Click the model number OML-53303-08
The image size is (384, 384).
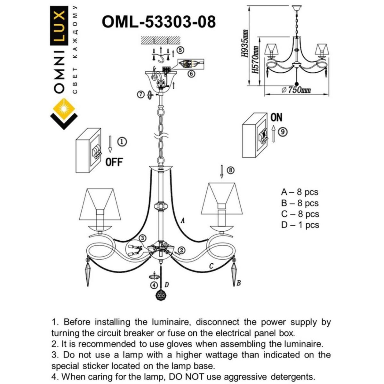[x=158, y=22]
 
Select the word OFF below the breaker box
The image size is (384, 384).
[x=114, y=162]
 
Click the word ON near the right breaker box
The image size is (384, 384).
[x=276, y=118]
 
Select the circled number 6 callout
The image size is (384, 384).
[x=191, y=74]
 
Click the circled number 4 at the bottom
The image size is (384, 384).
[x=155, y=285]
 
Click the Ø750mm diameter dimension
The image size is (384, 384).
[x=296, y=90]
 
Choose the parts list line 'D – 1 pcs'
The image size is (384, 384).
[x=300, y=225]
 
